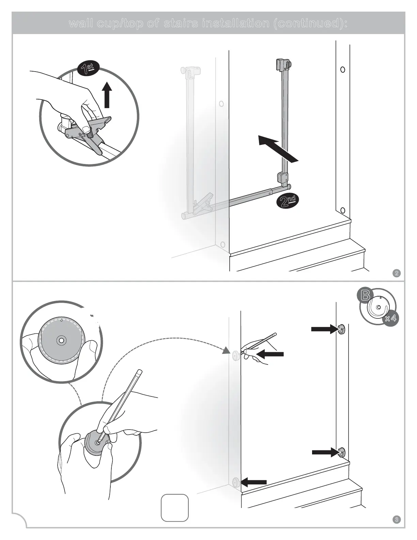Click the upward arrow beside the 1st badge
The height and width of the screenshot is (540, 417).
coord(107,94)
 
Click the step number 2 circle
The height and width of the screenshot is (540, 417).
coord(397,273)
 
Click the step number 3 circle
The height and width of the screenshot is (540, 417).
coord(397,520)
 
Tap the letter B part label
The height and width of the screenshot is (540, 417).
coord(366,295)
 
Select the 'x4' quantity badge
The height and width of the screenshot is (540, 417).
coord(390,319)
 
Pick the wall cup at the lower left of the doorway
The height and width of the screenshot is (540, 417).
coord(235,482)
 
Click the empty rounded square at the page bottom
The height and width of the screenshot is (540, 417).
coord(174,508)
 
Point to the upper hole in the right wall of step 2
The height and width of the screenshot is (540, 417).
coord(343,70)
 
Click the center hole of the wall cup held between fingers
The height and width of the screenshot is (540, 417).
coord(61,340)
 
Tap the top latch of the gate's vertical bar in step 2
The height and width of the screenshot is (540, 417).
coord(283,64)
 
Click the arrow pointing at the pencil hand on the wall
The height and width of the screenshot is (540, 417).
coord(270,354)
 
